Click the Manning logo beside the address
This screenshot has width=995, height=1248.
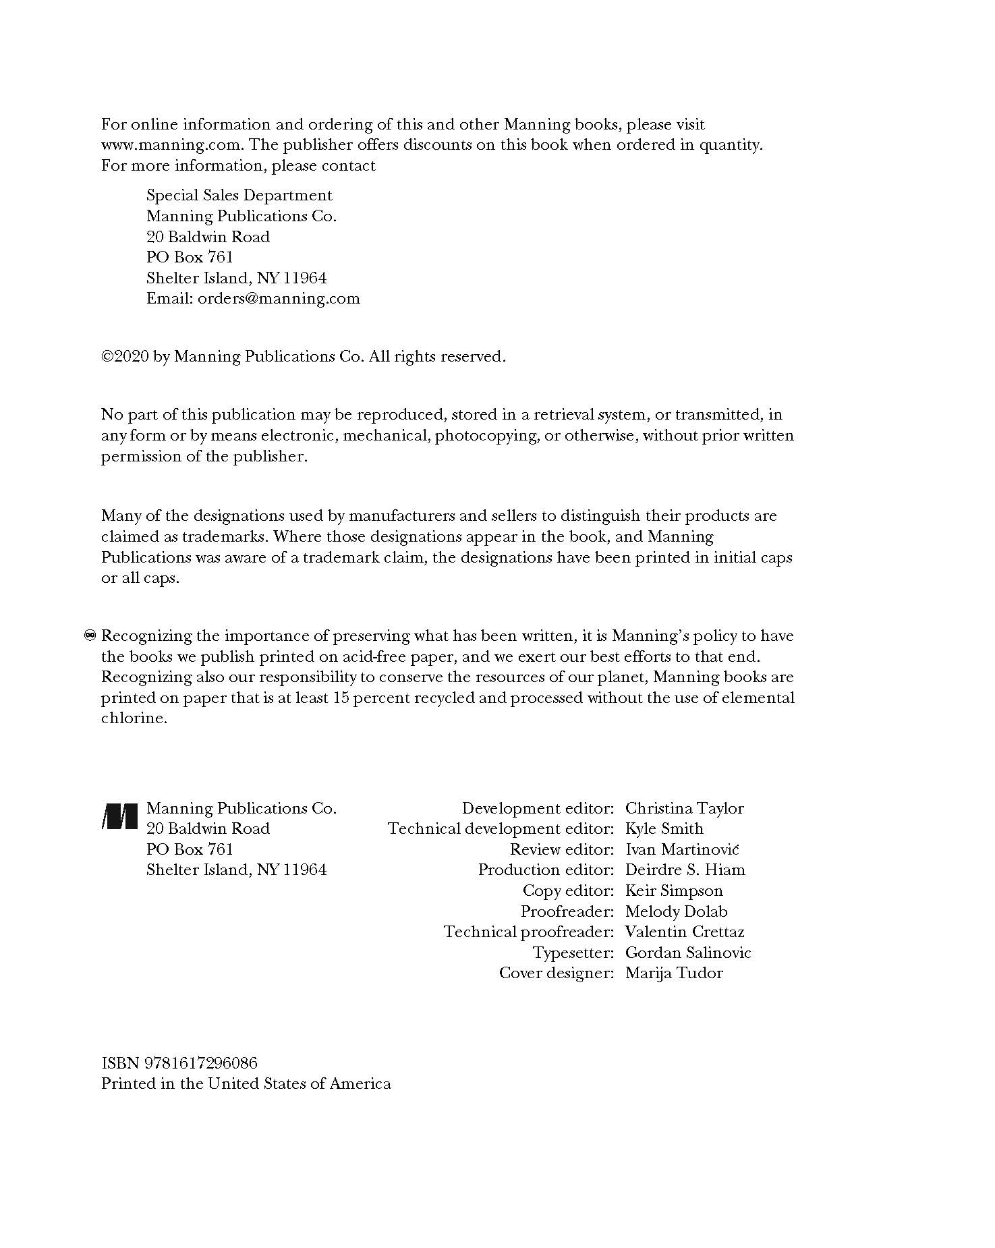tap(120, 817)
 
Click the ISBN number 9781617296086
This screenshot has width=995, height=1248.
tap(200, 1063)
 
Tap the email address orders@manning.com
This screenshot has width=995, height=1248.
tap(279, 298)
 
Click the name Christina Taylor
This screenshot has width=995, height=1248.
tap(684, 808)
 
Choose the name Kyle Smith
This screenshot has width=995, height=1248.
tap(664, 828)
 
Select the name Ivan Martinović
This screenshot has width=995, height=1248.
tap(682, 849)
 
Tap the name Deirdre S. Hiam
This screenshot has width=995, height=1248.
tap(685, 870)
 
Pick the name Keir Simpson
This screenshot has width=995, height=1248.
tap(674, 890)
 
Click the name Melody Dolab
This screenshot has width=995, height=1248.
tap(676, 911)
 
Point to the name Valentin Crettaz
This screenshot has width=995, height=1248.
tap(685, 932)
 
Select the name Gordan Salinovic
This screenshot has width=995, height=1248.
tap(688, 953)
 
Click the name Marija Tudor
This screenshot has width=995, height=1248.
tap(674, 973)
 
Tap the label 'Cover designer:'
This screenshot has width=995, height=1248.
tap(557, 973)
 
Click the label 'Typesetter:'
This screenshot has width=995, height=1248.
tap(573, 953)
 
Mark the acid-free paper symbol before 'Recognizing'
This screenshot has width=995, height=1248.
tap(91, 635)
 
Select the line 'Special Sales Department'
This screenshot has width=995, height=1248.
tap(239, 195)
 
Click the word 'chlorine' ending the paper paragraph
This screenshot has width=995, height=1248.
tap(132, 718)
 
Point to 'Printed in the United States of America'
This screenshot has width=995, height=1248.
tap(246, 1083)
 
